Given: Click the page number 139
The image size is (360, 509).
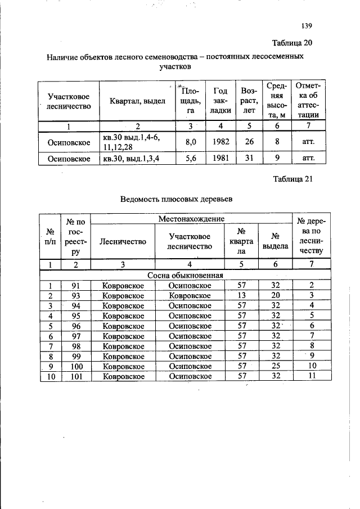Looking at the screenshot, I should tap(306, 26).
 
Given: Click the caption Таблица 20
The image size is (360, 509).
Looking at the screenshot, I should tap(292, 43).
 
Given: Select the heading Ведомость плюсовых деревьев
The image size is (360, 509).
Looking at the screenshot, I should tap(177, 199).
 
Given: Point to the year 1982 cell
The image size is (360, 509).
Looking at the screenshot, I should tap(217, 142).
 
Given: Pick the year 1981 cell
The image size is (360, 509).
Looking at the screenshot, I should tap(217, 159).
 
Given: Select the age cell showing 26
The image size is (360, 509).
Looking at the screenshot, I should tap(248, 142).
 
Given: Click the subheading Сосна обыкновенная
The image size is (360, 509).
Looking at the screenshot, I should tap(186, 276).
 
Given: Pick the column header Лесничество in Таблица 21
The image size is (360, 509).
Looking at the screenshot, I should tap(123, 241).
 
